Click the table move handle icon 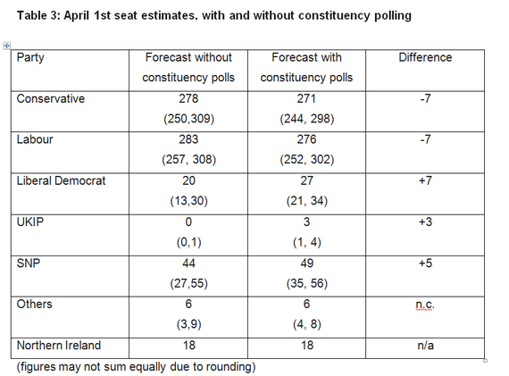(6, 46)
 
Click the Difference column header (425, 57)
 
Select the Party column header (30, 58)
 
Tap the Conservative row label (51, 99)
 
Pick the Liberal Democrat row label (61, 181)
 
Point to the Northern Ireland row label (59, 345)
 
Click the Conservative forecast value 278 (188, 99)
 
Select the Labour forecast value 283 (188, 139)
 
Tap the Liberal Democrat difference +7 (425, 181)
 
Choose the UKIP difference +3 (425, 222)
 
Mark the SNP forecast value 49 (307, 263)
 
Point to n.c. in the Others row (425, 305)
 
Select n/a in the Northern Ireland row (425, 346)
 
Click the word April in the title (76, 15)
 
